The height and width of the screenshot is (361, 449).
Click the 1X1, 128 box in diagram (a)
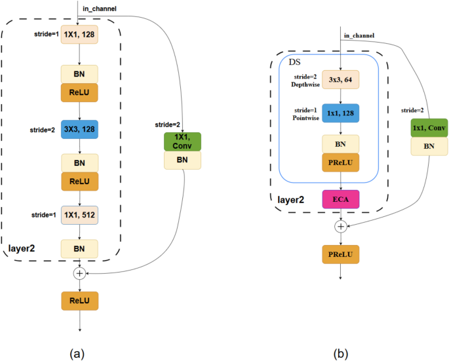tap(79, 35)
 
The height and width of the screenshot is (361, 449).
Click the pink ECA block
tap(340, 199)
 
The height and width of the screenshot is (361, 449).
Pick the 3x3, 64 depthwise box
tap(340, 81)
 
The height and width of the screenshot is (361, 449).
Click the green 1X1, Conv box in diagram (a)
tap(182, 142)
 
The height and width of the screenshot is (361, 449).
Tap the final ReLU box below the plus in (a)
tap(79, 301)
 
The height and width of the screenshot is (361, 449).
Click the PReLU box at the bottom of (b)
tap(340, 254)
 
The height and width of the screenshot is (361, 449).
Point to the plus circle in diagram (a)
tap(79, 272)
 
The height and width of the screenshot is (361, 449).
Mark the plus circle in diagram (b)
tap(340, 226)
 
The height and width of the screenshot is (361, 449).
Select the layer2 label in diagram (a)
tap(23, 248)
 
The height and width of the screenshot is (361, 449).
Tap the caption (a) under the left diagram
tap(77, 353)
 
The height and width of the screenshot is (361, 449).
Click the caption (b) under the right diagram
tap(341, 353)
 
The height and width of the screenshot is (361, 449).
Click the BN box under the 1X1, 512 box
tap(79, 249)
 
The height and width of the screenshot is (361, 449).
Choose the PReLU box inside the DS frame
tap(340, 162)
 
